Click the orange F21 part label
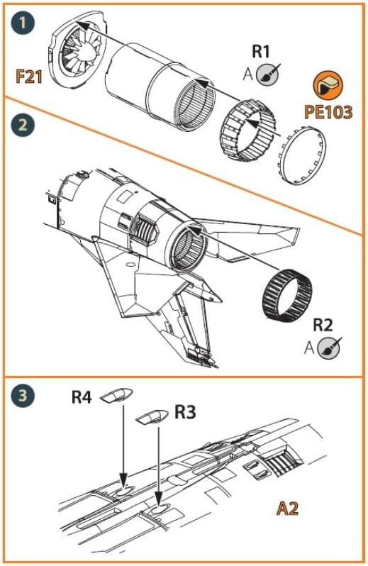pos(30,76)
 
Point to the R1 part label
pos(262,52)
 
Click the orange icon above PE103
pos(328,86)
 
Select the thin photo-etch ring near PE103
pos(306,158)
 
